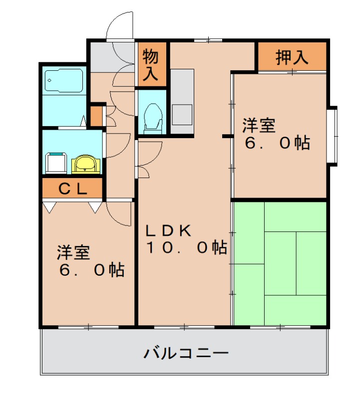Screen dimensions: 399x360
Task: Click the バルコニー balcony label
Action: (x=186, y=354)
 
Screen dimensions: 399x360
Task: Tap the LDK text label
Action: (x=168, y=230)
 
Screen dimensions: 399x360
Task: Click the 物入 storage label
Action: (x=151, y=64)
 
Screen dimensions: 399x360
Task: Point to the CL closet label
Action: (x=73, y=189)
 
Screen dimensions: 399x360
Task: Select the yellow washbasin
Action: (x=86, y=163)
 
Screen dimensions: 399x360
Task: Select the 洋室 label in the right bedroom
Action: (x=259, y=125)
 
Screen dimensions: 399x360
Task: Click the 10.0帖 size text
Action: (x=186, y=247)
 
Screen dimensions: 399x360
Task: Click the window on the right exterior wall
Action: (x=332, y=135)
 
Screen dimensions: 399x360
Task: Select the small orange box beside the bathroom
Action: (x=96, y=116)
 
